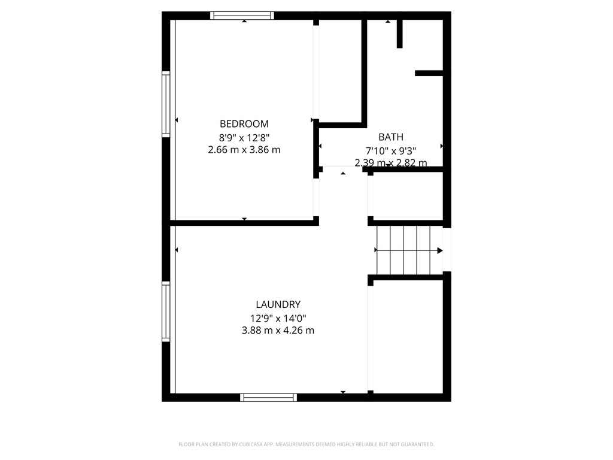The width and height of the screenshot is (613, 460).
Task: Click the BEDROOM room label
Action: tap(244, 124)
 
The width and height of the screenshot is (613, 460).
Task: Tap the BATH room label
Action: tap(391, 137)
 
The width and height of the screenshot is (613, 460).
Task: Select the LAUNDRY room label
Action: tap(278, 304)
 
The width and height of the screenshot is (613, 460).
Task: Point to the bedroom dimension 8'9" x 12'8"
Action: tap(244, 137)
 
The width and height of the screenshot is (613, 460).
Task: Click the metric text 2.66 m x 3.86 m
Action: tap(244, 150)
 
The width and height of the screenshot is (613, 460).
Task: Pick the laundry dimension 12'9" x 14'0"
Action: tap(278, 318)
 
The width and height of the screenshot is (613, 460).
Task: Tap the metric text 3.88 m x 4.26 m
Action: tap(278, 330)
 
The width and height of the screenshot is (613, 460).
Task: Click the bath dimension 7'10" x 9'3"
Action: tap(391, 150)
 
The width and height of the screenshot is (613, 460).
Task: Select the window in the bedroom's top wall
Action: tap(242, 16)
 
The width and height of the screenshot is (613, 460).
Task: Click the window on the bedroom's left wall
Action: tap(166, 104)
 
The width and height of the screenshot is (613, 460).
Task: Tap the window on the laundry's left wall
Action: tap(166, 311)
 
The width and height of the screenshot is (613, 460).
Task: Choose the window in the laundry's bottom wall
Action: tap(268, 397)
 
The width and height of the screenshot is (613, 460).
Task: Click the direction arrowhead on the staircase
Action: tap(440, 250)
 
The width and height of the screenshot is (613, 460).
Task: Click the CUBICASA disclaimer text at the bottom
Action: tap(306, 444)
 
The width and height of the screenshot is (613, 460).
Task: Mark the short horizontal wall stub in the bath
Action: tap(429, 74)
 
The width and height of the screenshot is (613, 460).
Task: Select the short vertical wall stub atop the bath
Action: tap(400, 34)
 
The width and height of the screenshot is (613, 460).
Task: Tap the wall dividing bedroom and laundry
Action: tap(244, 223)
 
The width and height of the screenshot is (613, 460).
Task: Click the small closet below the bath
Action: tap(407, 196)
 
